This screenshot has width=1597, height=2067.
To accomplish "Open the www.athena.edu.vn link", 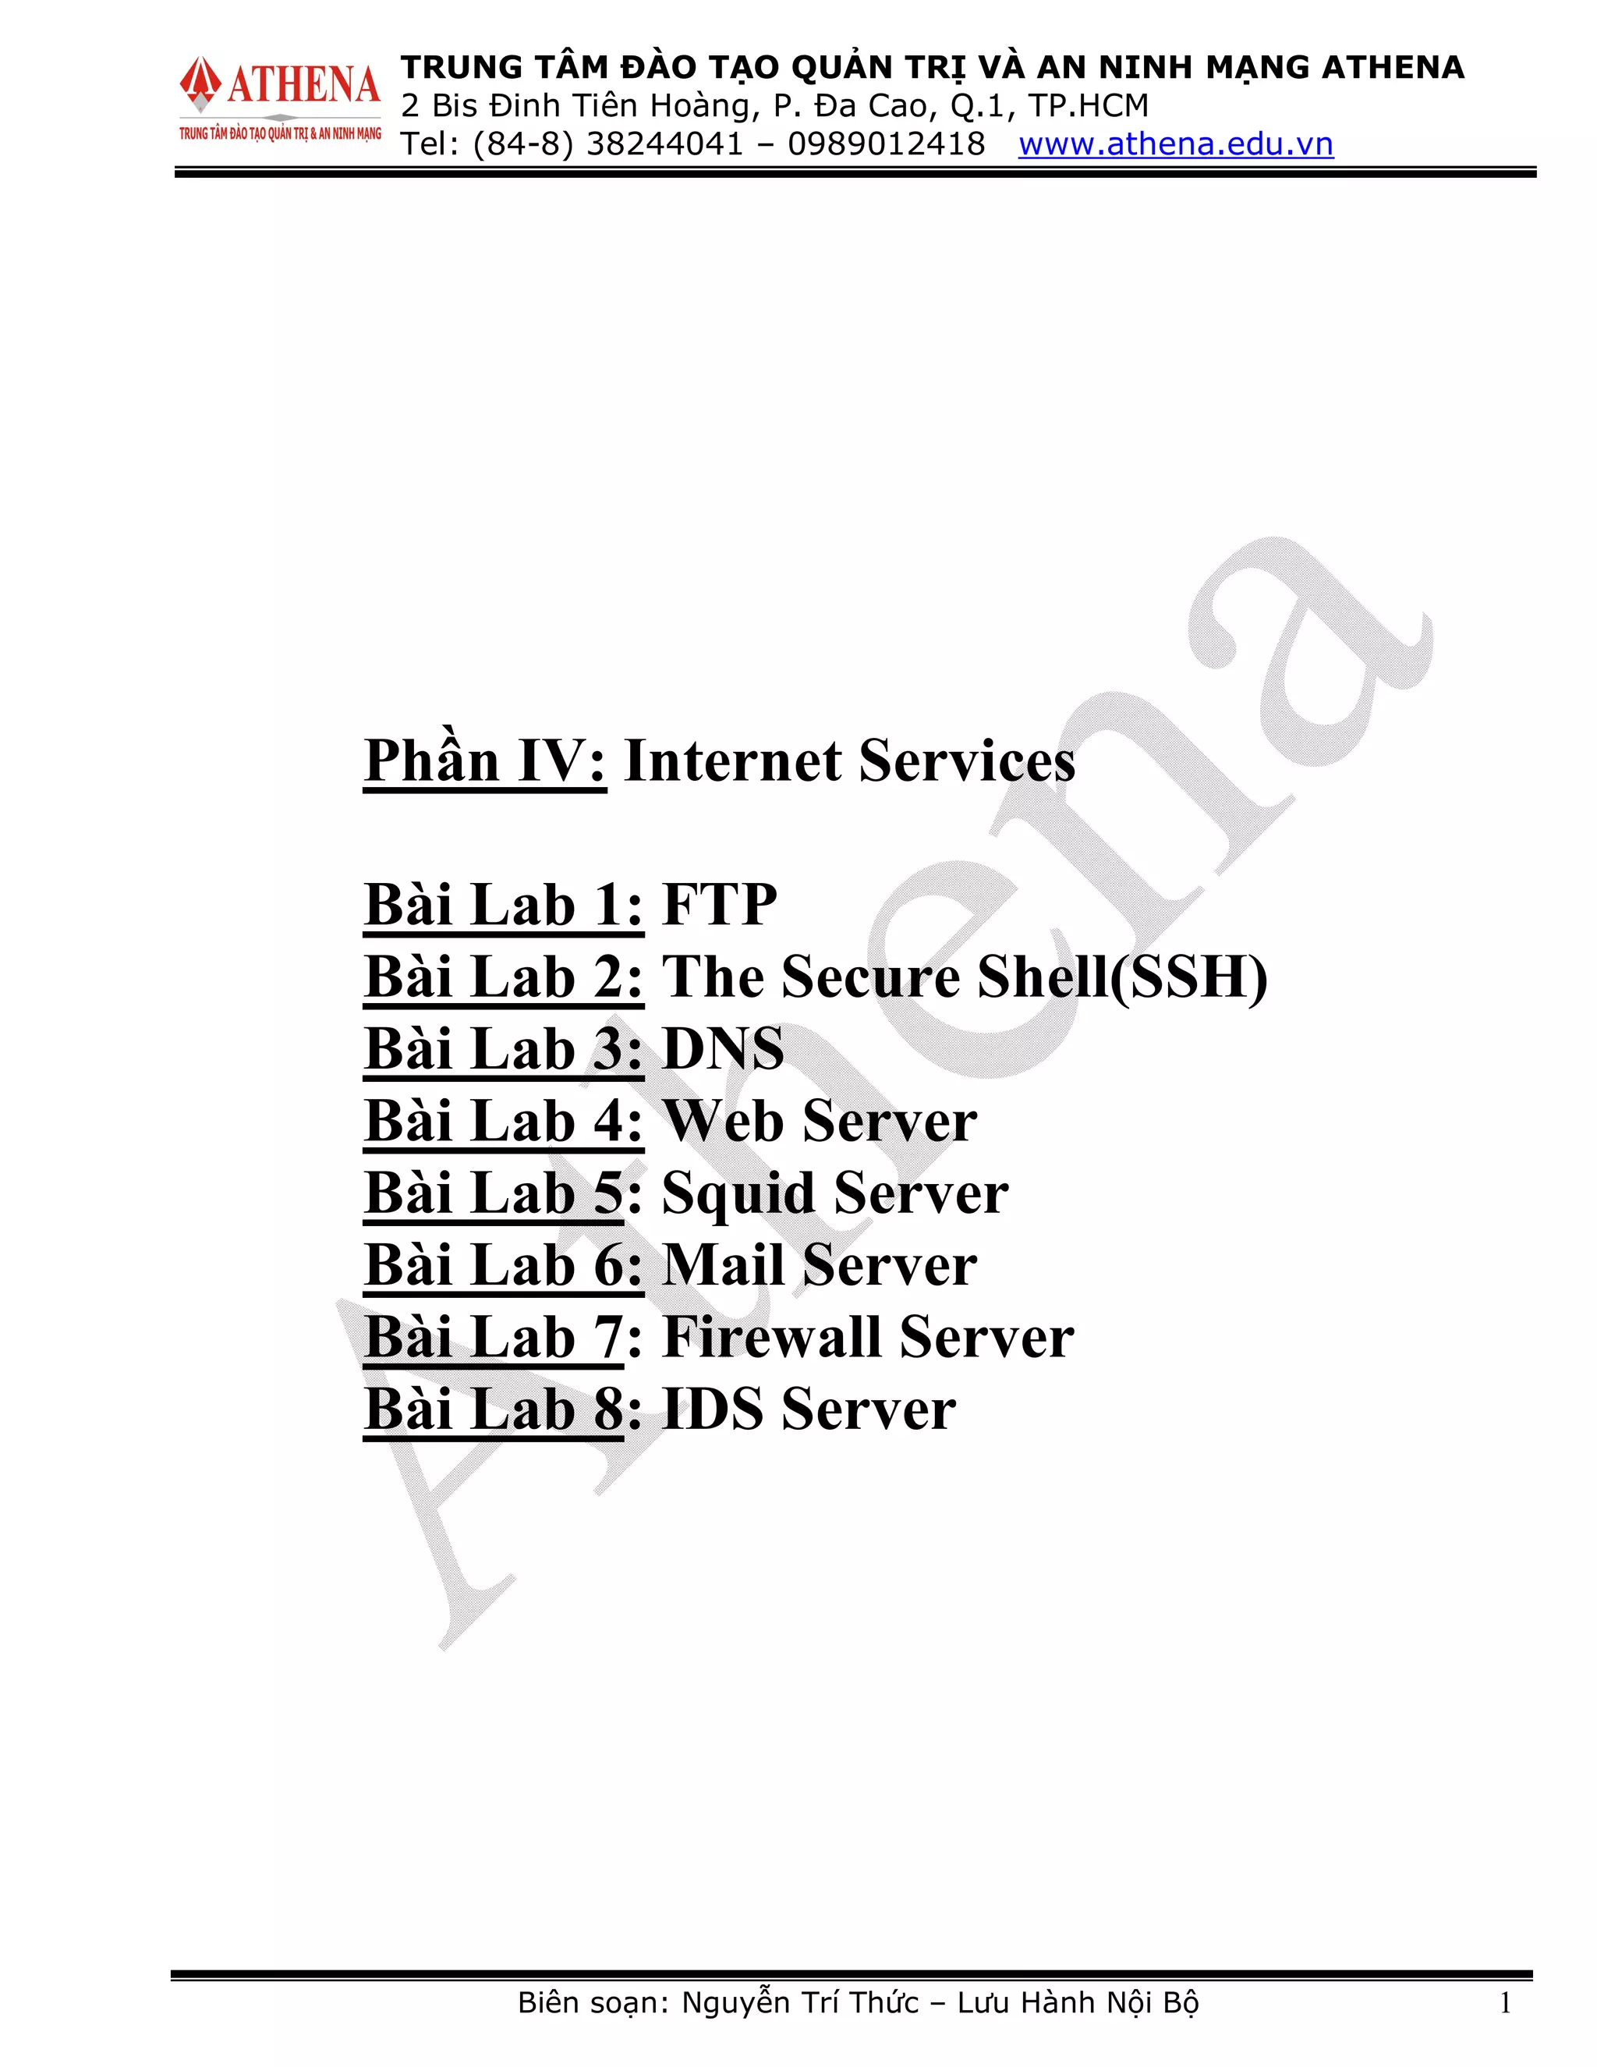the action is tap(1175, 144).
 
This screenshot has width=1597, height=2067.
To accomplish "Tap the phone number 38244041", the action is tap(664, 144).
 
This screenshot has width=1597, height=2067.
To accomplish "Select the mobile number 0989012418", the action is tap(886, 144).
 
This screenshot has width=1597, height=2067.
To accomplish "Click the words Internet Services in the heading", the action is tap(848, 761).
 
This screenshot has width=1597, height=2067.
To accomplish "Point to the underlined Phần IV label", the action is tap(484, 761).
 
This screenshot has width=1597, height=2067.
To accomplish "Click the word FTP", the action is tap(719, 905).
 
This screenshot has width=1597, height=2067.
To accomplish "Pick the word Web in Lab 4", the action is tap(724, 1122).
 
